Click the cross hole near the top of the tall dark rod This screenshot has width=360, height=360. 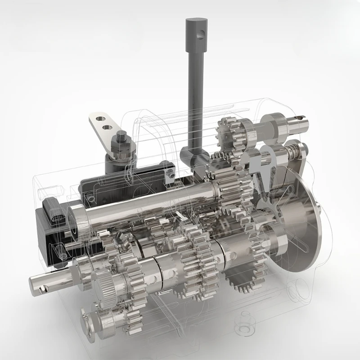coord(201,32)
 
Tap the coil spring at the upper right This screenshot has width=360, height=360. coord(292,151)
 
